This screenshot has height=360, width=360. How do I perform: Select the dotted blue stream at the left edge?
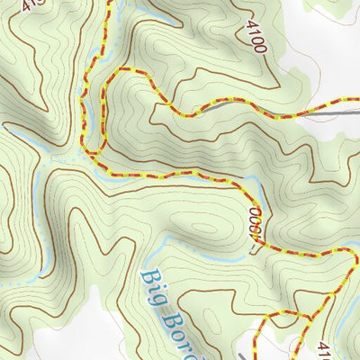tap(4, 282)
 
